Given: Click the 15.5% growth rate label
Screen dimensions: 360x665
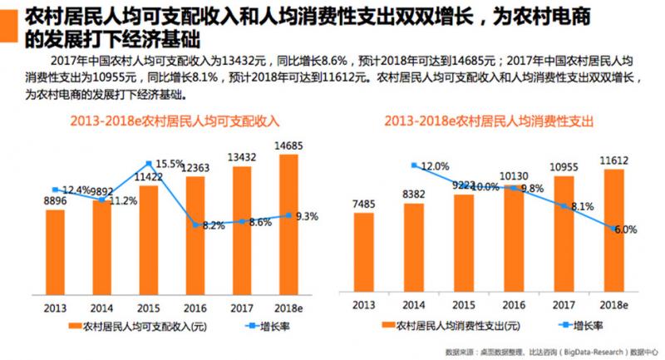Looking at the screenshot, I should point(170,164).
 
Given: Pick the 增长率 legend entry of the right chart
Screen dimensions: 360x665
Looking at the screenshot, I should point(574,326).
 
